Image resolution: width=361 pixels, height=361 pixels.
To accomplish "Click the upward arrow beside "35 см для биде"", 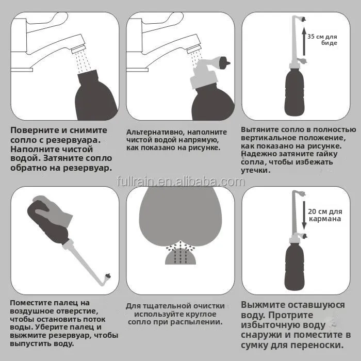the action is (x=304, y=41).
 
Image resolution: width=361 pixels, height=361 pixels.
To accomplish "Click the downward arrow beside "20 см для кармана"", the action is (x=304, y=216).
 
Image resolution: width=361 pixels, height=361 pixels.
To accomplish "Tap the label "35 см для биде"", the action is (x=322, y=40).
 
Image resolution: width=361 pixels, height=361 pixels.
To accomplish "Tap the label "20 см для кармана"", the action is (x=325, y=215).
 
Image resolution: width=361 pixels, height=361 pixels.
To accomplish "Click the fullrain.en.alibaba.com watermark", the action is (x=181, y=182).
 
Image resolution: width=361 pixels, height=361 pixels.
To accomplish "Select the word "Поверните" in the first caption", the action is (x=34, y=130).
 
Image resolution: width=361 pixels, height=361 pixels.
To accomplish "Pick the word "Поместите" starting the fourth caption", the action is (x=30, y=303).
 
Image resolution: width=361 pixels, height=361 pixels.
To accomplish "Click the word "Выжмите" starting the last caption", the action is (x=262, y=305).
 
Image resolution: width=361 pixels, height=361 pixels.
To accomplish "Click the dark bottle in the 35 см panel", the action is (x=294, y=92).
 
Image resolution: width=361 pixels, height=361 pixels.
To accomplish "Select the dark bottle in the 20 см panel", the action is (x=294, y=267).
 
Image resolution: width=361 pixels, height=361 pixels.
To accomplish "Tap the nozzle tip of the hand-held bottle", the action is (x=108, y=276).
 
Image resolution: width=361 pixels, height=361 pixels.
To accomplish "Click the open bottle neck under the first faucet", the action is (x=88, y=76).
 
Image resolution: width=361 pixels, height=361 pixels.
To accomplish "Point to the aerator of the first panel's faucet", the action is (x=78, y=50).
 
